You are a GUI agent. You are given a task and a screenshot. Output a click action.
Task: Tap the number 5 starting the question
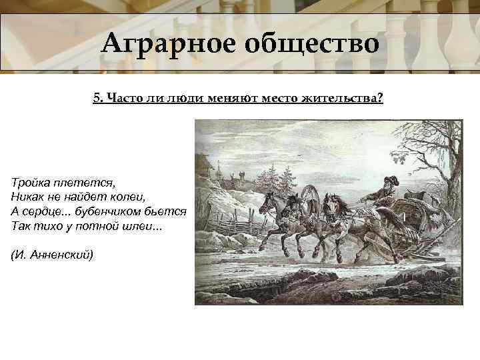tap(97, 98)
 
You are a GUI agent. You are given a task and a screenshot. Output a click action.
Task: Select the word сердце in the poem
tap(41, 211)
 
